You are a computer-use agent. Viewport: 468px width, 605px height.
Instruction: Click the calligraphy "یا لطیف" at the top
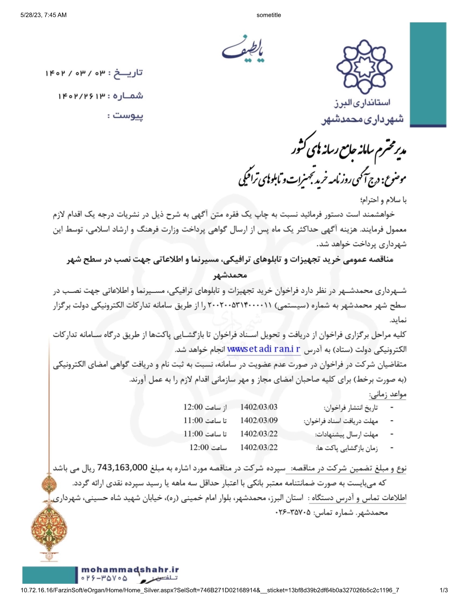point(243,49)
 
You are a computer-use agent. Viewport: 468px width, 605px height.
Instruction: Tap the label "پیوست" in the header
point(128,116)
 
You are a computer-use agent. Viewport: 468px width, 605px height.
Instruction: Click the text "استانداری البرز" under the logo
point(362,103)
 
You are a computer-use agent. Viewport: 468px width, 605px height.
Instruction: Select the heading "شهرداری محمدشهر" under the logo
point(363,119)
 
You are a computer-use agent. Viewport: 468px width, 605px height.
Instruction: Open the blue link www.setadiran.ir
point(264,349)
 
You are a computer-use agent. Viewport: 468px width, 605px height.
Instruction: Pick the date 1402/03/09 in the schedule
point(259,420)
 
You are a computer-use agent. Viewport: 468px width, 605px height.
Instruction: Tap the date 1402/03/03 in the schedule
point(259,407)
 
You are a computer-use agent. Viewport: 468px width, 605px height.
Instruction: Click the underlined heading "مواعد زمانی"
point(388,395)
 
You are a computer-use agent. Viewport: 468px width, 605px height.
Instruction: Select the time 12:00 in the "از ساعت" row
point(193,407)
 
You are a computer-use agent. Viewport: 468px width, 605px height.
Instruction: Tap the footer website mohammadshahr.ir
point(130,569)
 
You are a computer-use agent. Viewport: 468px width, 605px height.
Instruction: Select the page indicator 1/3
point(444,590)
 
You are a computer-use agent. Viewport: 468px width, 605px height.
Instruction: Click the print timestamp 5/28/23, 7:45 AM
point(44,15)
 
